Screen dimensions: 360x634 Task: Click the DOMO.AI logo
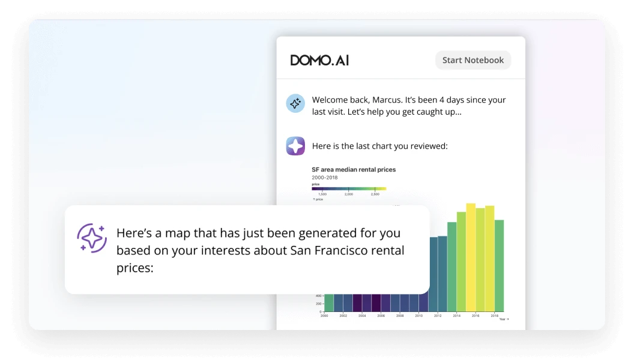[x=319, y=60]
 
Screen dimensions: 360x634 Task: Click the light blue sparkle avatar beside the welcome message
[x=295, y=103]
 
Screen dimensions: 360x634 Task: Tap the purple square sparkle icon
[x=295, y=146]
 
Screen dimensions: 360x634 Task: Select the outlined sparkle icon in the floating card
[x=92, y=238]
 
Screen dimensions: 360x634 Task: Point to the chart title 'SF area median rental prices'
[x=354, y=170]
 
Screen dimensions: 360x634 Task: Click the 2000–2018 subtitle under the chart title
[x=325, y=178]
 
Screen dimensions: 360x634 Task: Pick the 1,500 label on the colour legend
[x=322, y=194]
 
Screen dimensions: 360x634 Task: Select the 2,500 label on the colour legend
[x=375, y=194]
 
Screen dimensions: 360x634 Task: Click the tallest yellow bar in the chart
[x=471, y=258]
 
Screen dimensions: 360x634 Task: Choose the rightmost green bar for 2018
[x=499, y=265]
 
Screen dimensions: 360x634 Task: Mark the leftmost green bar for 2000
[x=328, y=302]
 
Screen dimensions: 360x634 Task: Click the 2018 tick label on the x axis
[x=495, y=316]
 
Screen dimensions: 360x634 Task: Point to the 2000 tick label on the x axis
[x=325, y=316]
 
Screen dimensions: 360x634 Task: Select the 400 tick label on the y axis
[x=319, y=296]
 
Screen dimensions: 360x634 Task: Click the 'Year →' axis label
[x=504, y=319]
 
